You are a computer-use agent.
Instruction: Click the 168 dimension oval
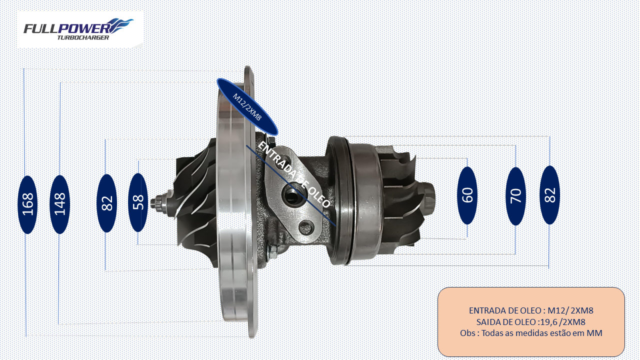27,204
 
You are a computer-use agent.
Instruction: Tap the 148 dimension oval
59,204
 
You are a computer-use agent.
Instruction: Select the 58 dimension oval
138,202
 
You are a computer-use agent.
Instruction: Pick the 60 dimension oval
467,195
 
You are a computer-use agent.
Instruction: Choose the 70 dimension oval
516,196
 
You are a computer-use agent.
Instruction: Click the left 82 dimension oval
107,203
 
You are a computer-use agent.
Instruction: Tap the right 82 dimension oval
549,195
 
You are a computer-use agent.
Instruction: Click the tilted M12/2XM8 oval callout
247,106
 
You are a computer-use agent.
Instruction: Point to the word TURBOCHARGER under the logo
83,37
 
